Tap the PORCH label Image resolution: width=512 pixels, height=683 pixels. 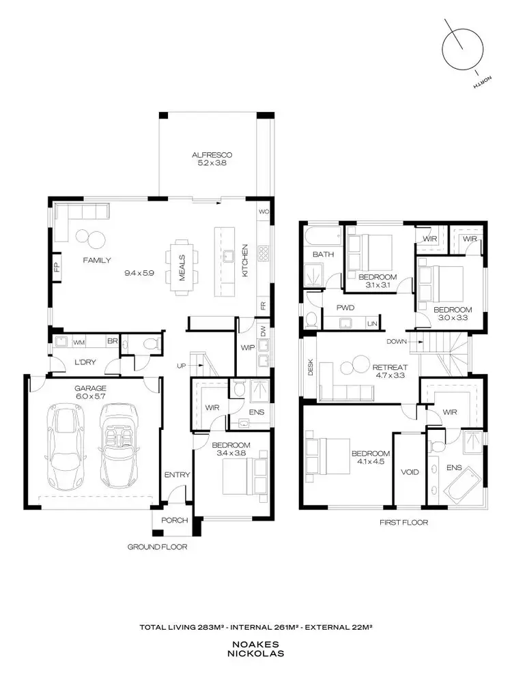point(173,521)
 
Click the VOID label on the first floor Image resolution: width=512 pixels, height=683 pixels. point(410,471)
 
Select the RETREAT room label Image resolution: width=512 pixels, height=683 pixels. point(388,367)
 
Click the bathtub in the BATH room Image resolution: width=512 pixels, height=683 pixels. point(323,238)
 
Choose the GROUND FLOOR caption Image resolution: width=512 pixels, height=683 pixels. point(157,547)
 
